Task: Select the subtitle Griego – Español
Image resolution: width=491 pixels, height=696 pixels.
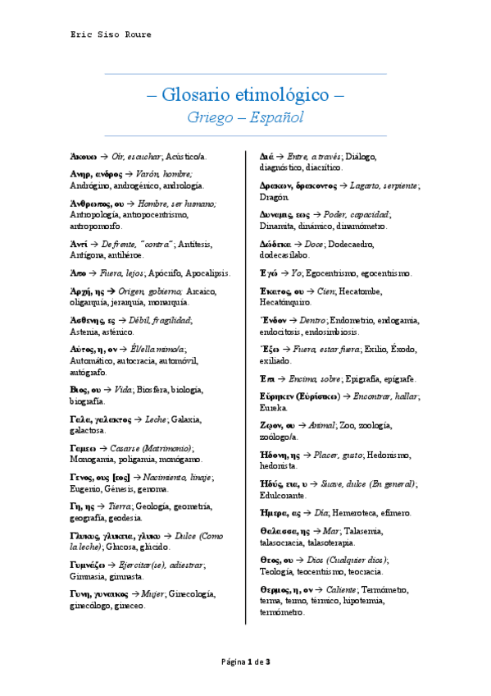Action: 245,117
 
